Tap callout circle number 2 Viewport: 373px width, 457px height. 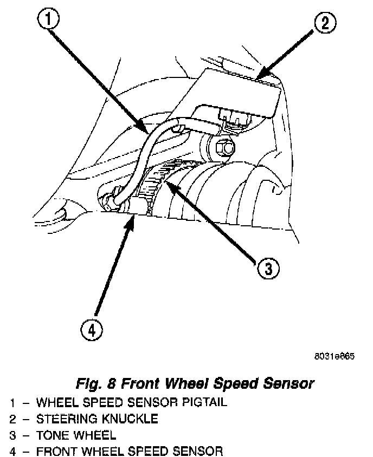[324, 23]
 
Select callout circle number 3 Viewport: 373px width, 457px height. [268, 267]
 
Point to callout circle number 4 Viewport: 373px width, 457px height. [92, 329]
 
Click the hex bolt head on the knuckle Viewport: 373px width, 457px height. [224, 146]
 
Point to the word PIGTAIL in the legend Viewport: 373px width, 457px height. [203, 402]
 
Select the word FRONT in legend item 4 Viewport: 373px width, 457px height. [56, 451]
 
